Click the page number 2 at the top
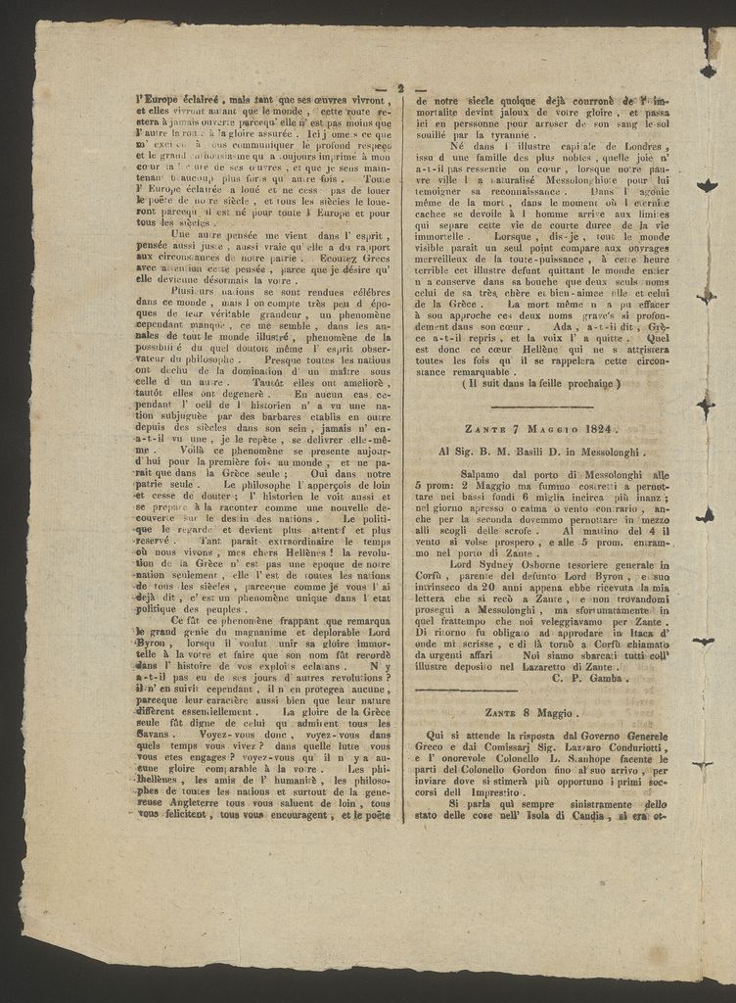tap(400, 88)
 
